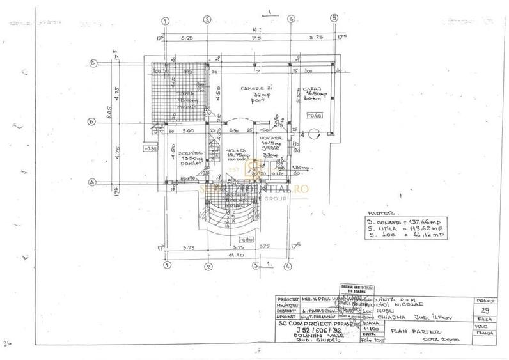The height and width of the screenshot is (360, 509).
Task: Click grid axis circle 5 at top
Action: coord(334,19)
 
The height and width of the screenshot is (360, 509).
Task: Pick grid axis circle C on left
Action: coord(93,63)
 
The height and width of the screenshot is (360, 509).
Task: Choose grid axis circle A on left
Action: coord(92,182)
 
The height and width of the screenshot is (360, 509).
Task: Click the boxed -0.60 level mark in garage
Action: coord(315,116)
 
